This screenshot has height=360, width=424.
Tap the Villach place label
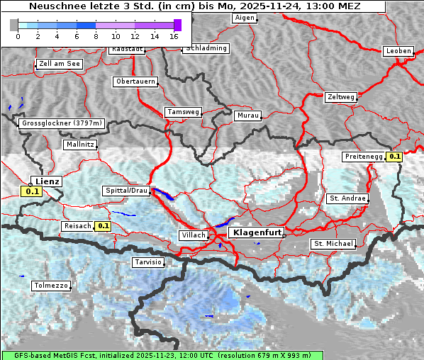193,235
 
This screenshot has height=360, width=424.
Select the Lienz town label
47,181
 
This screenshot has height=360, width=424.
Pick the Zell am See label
60,64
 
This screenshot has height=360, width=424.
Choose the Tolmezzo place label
51,286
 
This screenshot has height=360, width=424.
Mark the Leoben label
398,51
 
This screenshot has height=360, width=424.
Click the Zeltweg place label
341,96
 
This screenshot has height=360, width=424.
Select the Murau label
248,115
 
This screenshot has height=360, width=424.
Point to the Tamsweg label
183,112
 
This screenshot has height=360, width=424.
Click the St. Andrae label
347,198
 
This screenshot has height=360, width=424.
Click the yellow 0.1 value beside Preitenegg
394,157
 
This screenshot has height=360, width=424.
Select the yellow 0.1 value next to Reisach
104,226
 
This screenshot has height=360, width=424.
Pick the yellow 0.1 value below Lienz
31,191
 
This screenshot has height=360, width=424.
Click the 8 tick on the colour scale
96,35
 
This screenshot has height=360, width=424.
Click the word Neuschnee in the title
54,6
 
